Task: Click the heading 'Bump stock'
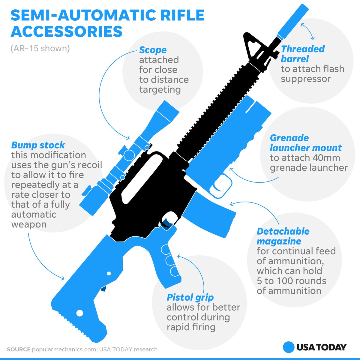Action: (38, 145)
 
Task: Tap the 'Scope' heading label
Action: (153, 50)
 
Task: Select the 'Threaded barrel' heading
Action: (303, 54)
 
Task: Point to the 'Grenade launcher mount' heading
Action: (305, 143)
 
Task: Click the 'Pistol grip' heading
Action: (190, 297)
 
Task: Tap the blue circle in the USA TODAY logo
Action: (288, 347)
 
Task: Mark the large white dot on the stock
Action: (80, 313)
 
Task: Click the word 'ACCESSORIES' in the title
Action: (67, 31)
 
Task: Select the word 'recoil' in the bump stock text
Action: (88, 165)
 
